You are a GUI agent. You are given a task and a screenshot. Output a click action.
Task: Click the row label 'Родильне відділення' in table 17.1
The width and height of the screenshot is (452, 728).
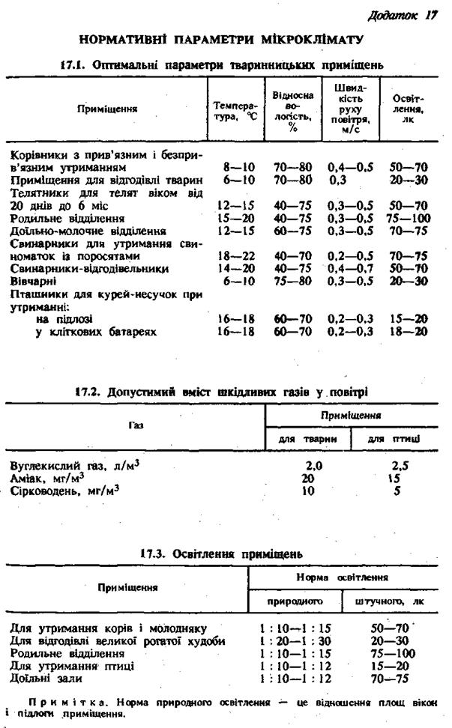[67, 218]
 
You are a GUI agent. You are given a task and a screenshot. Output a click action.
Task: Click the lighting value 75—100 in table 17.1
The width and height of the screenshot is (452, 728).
[409, 218]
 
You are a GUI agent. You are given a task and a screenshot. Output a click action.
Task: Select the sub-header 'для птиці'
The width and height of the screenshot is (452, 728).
[397, 437]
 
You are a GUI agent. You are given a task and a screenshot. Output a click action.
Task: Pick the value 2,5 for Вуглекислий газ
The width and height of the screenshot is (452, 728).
[400, 465]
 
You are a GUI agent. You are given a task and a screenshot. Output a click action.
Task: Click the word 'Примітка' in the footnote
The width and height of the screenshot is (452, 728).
[61, 701]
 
